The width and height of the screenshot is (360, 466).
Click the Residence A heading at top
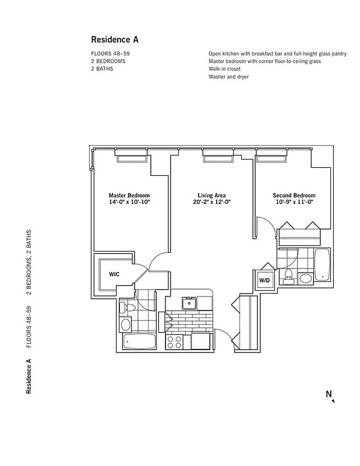click(115, 40)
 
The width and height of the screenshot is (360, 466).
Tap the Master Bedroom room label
click(129, 195)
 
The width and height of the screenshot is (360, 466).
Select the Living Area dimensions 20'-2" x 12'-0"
click(211, 202)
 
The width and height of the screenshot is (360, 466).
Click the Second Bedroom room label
click(294, 195)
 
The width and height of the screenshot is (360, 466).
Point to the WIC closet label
click(114, 274)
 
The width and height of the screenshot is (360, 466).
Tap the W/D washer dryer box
click(264, 280)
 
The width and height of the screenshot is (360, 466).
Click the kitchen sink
click(189, 303)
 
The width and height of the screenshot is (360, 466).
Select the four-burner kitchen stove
click(175, 341)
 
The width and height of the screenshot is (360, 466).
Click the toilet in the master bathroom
click(128, 308)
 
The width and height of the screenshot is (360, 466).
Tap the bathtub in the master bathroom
click(139, 341)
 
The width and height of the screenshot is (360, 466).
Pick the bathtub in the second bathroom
click(322, 264)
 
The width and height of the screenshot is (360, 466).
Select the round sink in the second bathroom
click(305, 278)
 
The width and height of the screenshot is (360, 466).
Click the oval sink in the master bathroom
click(126, 325)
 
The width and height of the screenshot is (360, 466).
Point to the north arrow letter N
click(329, 394)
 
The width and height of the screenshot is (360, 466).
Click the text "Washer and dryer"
click(228, 77)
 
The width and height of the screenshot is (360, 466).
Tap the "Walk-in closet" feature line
click(224, 69)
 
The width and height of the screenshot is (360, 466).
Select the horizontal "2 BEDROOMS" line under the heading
click(108, 61)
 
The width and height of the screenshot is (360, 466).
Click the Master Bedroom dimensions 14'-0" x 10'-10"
click(129, 202)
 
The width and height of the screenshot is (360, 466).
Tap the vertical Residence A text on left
click(29, 376)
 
